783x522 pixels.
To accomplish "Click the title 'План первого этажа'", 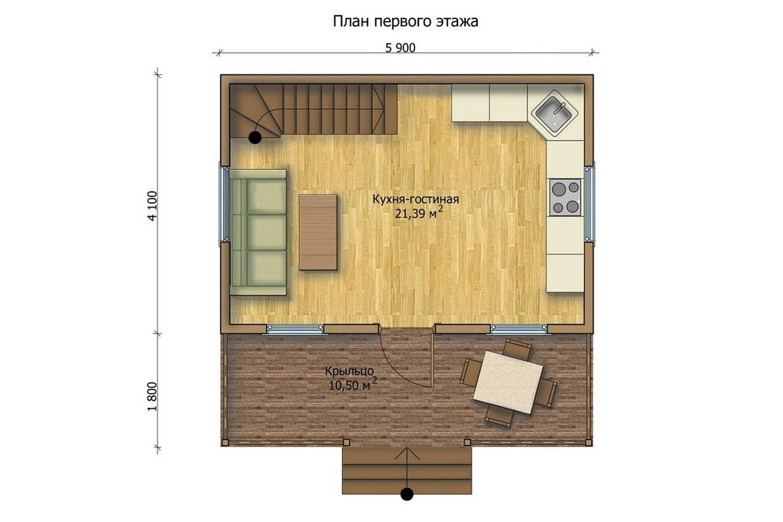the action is tap(406, 21).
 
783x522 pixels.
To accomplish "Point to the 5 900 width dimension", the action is tap(400, 48).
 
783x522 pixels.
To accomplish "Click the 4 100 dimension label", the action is tap(153, 205).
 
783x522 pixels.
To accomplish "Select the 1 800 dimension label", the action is tap(153, 396).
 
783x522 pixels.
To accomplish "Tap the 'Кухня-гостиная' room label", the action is tap(416, 200).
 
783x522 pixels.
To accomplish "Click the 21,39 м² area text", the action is tap(419, 214).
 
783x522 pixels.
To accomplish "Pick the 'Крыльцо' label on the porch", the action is tap(349, 371).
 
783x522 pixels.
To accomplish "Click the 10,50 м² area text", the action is tap(352, 384).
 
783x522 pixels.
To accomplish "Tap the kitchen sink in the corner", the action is tap(555, 113).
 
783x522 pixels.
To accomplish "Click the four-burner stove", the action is tap(566, 197).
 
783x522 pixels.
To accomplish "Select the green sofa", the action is tap(258, 232).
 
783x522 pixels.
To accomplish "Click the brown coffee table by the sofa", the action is tap(318, 232).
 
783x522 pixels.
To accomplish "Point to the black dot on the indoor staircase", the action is tap(255, 138).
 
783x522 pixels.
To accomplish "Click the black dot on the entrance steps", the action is tap(407, 494).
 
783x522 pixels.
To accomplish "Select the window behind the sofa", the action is tap(224, 205).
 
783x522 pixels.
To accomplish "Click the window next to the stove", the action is tap(590, 203).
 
